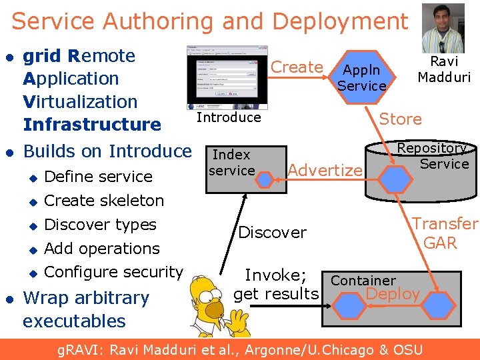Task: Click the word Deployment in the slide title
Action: pyautogui.click(x=340, y=21)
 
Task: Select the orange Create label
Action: pyautogui.click(x=297, y=67)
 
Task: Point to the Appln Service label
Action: pyautogui.click(x=361, y=77)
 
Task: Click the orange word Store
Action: pyautogui.click(x=400, y=119)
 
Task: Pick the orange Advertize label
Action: pyautogui.click(x=325, y=171)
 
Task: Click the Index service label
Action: pyautogui.click(x=231, y=163)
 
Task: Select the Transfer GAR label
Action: pyautogui.click(x=443, y=233)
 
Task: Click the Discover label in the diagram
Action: pyautogui.click(x=272, y=233)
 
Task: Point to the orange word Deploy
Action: pyautogui.click(x=393, y=294)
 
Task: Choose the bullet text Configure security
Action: pyautogui.click(x=113, y=272)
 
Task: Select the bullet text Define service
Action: pyautogui.click(x=98, y=177)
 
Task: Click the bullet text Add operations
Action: pyautogui.click(x=102, y=249)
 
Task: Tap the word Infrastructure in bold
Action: pyautogui.click(x=92, y=125)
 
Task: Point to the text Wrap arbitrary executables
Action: pyautogui.click(x=85, y=309)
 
